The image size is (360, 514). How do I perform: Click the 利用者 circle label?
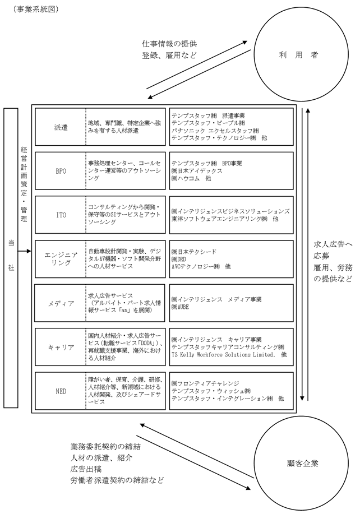[x=298, y=55]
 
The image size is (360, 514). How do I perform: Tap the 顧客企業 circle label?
[x=302, y=464]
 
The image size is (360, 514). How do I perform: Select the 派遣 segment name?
[x=61, y=127]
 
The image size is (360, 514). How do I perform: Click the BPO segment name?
[x=61, y=171]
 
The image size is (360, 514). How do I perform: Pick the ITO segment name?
[x=61, y=215]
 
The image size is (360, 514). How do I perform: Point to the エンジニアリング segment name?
[x=61, y=258]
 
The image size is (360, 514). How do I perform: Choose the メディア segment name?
[x=61, y=303]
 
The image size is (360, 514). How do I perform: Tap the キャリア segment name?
[x=61, y=347]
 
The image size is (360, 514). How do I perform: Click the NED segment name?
[x=61, y=391]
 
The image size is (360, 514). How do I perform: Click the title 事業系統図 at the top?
[x=36, y=10]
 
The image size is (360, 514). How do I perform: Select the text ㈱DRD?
[x=179, y=260]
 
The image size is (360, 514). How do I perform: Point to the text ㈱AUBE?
[x=180, y=307]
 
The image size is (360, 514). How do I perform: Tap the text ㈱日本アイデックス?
[x=197, y=171]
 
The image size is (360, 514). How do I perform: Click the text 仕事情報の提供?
[x=169, y=44]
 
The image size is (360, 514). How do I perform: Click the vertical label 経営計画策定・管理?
[x=24, y=184]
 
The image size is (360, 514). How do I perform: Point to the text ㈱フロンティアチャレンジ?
[x=205, y=383]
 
